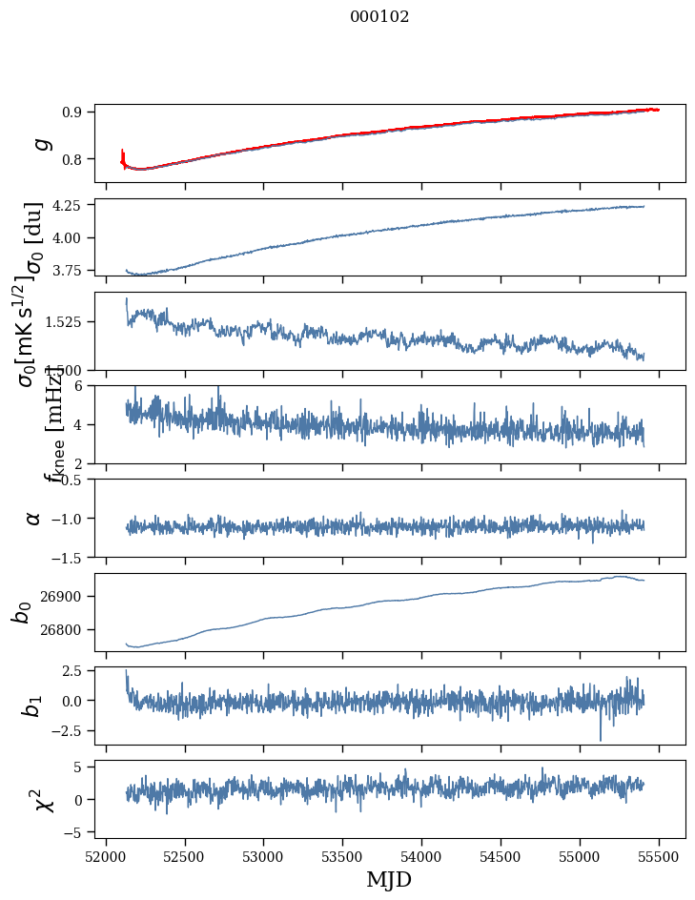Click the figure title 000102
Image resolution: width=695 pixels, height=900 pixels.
(379, 17)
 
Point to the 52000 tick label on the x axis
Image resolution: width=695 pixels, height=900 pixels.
(106, 854)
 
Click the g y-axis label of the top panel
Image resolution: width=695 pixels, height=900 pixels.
(40, 143)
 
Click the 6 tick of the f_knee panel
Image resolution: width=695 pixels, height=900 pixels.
(83, 385)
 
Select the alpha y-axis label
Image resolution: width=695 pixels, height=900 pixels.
(33, 518)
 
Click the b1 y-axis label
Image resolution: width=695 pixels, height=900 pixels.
(33, 706)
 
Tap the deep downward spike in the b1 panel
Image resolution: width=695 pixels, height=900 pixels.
(601, 738)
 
